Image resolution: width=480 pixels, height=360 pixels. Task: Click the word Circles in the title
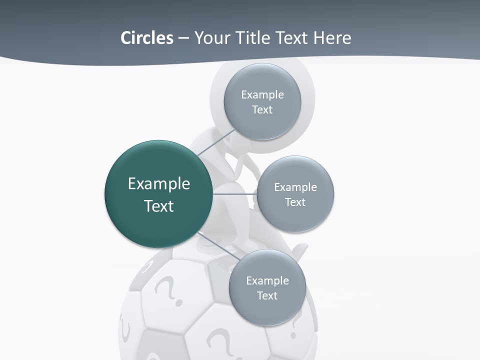[x=146, y=38]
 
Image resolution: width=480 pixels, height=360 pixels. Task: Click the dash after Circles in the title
[x=183, y=38]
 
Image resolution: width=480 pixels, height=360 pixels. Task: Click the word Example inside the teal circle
[x=159, y=184]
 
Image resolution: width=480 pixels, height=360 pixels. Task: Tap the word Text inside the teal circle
[x=159, y=206]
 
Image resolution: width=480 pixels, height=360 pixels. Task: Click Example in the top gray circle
[x=262, y=95]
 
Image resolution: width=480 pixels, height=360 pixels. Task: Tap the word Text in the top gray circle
[x=262, y=110]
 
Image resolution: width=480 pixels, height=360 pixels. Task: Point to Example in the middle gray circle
[x=295, y=187]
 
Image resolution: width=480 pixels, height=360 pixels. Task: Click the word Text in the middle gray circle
[x=295, y=202]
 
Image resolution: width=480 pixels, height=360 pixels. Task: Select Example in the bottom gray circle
[x=267, y=281]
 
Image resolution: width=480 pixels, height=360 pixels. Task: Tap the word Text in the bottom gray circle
[x=267, y=296]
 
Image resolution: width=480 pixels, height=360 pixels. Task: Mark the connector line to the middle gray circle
[x=235, y=193]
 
